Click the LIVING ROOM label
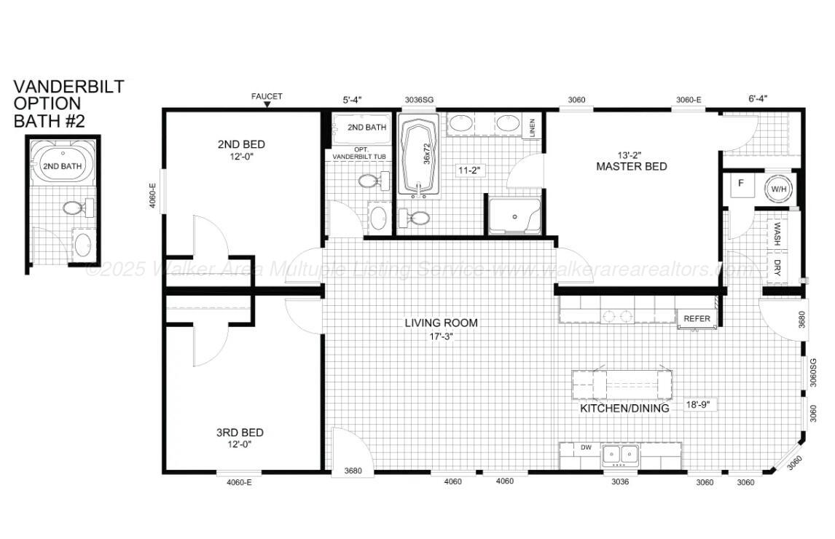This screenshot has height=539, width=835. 442,323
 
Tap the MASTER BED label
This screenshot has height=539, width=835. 631,166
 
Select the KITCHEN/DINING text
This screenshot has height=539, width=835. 624,409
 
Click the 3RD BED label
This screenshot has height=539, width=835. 240,433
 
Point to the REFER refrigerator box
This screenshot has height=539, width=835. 697,318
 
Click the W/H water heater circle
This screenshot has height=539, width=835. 777,189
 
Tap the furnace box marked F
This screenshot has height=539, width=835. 741,184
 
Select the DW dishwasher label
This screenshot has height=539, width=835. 587,448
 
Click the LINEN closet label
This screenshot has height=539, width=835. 533,127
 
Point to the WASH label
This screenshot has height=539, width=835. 777,233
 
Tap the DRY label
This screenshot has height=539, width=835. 777,267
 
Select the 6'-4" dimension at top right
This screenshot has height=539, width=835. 758,98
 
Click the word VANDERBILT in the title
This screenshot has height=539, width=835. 68,87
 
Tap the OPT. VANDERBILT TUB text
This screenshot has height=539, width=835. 359,152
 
